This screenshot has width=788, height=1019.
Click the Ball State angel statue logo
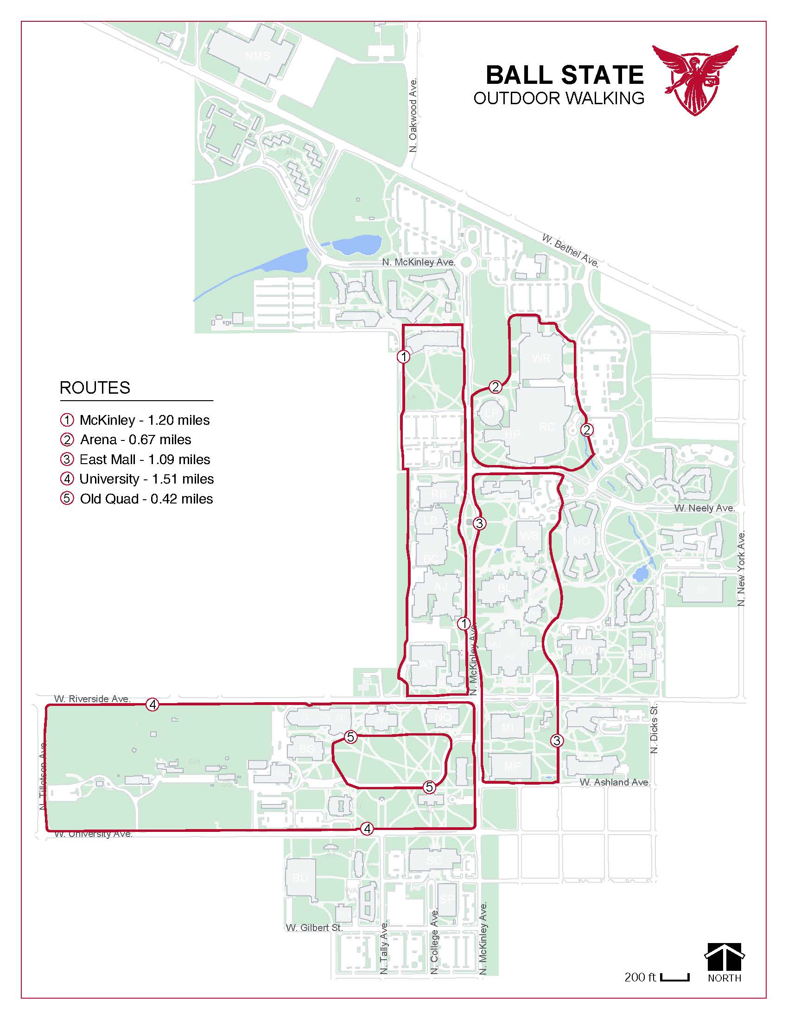[695, 79]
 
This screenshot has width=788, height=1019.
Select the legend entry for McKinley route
[135, 420]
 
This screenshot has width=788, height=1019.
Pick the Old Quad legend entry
[137, 499]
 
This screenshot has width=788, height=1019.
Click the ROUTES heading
[95, 388]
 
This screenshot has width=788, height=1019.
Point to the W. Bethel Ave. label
[570, 250]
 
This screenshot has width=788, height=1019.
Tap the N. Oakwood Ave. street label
[413, 115]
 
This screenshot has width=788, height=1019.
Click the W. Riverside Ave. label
[92, 698]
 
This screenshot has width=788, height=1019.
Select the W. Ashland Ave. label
[615, 782]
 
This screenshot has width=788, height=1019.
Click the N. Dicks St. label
[654, 728]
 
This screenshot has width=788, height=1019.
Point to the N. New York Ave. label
[741, 568]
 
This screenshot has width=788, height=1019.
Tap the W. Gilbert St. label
[314, 928]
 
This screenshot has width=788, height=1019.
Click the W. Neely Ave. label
[705, 508]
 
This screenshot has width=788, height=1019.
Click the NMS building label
[258, 56]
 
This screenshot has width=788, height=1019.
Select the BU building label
[300, 878]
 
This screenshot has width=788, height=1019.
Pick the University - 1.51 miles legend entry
[137, 479]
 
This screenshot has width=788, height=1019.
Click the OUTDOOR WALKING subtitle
[559, 98]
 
